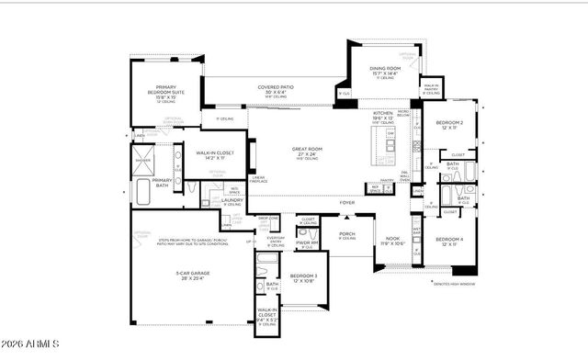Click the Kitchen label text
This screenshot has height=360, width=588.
click(x=382, y=114)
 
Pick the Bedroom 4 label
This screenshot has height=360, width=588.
click(x=448, y=241)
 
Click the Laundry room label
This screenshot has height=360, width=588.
click(x=232, y=200)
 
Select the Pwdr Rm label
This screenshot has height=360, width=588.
click(x=307, y=242)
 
